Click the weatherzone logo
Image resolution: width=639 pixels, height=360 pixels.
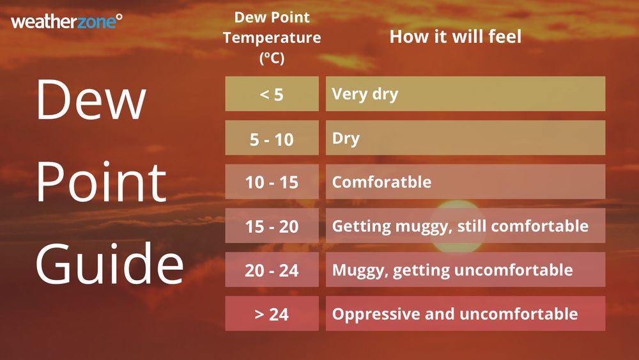(x=66, y=22)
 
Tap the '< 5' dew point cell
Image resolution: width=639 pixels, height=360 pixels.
(x=272, y=94)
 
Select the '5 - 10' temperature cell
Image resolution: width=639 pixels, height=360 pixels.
(x=272, y=138)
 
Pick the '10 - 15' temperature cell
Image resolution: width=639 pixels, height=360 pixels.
(x=272, y=182)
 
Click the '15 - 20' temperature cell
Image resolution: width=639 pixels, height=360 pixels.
(x=272, y=226)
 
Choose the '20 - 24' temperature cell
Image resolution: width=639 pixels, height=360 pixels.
(x=272, y=270)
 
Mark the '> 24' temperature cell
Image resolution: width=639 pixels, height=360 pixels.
(x=272, y=314)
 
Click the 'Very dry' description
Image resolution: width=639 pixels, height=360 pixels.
(x=365, y=94)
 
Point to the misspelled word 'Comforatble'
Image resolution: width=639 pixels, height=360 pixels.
(x=381, y=182)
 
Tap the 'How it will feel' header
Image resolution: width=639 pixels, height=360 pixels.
(x=456, y=36)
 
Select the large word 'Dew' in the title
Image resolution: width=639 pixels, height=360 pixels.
(x=91, y=101)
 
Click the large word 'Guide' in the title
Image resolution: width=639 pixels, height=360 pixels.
(x=110, y=263)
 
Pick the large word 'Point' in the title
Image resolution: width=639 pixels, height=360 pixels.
(x=101, y=182)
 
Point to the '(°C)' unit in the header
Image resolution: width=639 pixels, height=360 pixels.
(x=272, y=58)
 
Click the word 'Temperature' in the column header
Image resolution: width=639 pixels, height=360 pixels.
(x=272, y=38)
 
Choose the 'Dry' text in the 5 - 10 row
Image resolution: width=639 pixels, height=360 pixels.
(x=346, y=138)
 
